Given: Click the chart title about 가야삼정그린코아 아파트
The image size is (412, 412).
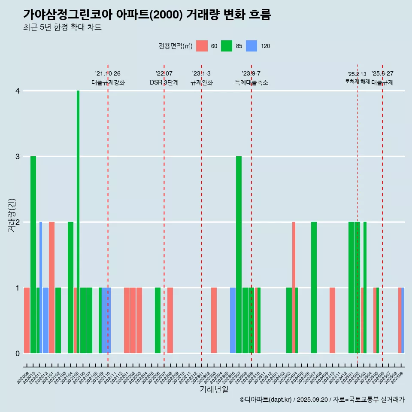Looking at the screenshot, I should tap(147, 15).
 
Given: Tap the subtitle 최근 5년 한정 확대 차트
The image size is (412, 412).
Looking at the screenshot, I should tap(62, 27).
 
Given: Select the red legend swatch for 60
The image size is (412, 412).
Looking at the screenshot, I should tap(202, 46).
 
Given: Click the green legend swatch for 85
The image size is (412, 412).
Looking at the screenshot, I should tap(227, 46).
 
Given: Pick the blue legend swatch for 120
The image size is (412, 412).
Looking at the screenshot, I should tap(251, 46).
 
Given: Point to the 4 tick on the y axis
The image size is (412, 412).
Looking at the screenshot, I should tap(18, 91).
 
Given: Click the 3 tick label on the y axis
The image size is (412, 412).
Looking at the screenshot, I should tap(18, 157).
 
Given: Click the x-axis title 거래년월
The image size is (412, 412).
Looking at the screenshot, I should tap(214, 389).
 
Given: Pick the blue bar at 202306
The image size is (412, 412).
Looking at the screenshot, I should tap(233, 320).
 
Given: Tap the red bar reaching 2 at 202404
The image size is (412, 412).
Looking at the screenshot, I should tap(294, 288).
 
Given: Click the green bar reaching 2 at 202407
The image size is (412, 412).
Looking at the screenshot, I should tap(314, 288).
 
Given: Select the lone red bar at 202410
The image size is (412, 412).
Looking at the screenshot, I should tap(332, 320).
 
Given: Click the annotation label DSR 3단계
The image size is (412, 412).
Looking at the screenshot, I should tap(164, 82).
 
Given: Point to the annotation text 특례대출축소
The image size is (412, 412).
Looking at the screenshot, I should tap(251, 82).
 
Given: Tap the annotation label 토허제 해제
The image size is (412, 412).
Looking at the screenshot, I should tap(357, 82).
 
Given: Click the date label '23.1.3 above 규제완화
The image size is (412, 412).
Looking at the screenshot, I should tap(201, 74).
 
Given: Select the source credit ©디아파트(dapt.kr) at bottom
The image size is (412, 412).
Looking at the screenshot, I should tap(266, 400).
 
